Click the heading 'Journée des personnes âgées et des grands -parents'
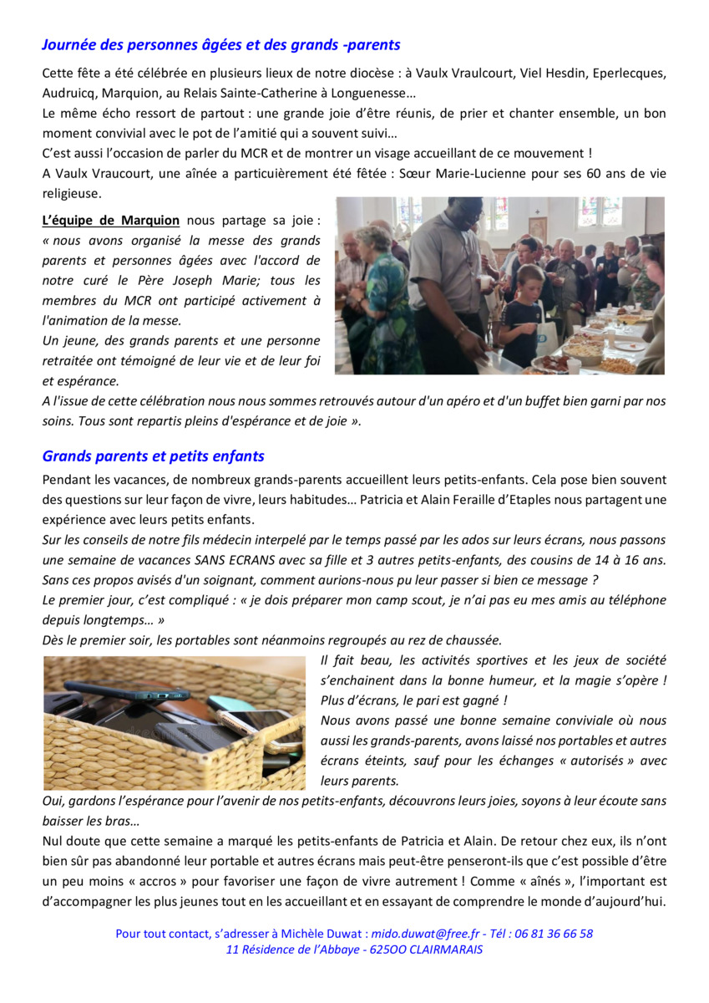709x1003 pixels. coord(221,45)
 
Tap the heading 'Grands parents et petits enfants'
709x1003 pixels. coord(153,456)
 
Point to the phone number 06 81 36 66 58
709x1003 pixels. coord(556,934)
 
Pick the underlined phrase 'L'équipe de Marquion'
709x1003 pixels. coord(111,221)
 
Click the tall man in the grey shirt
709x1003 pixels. coord(443,276)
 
